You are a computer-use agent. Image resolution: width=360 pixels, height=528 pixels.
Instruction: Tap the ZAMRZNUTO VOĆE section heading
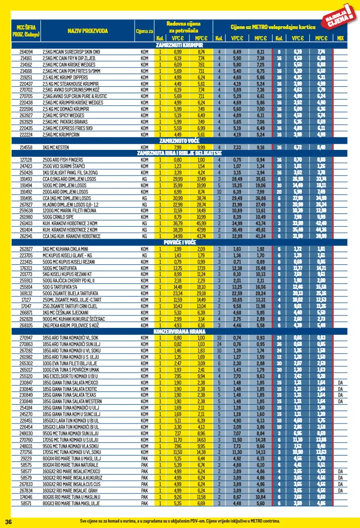click(180, 141)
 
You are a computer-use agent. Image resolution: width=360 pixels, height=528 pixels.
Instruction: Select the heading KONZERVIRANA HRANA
click(180, 331)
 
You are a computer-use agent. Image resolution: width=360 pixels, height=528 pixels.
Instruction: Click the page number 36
click(8, 521)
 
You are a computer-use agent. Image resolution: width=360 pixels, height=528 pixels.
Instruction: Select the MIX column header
click(340, 38)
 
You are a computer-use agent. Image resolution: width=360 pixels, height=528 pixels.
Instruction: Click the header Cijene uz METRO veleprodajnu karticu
click(273, 27)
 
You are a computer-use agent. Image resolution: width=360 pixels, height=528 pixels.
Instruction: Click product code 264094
click(26, 51)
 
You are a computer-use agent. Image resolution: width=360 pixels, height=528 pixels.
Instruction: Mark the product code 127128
click(26, 160)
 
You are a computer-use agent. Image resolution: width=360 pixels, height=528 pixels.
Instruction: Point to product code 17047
click(26, 306)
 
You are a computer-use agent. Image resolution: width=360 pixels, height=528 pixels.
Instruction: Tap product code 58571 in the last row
click(26, 503)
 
